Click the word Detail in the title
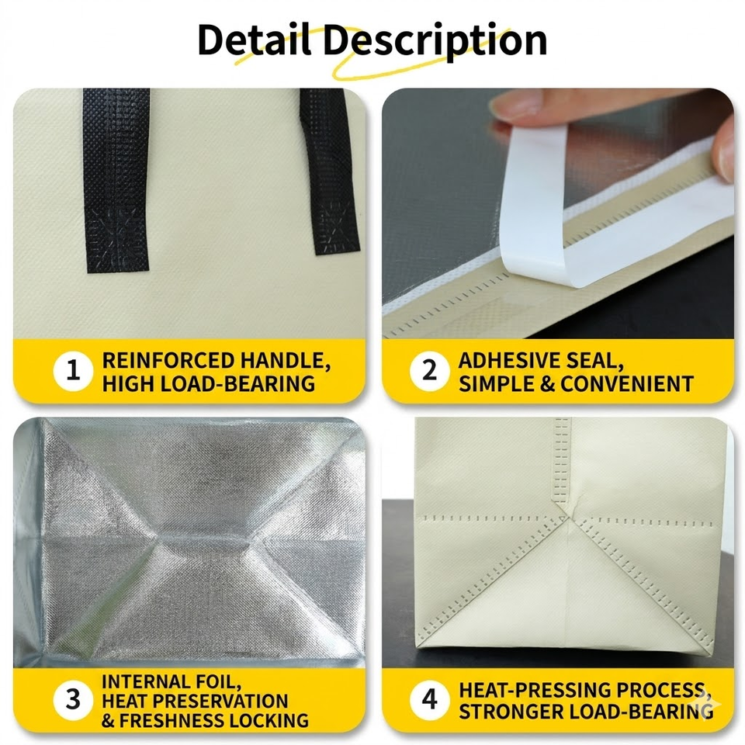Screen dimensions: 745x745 (254, 40)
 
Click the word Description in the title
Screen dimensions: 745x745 (435, 42)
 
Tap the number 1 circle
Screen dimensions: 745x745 (73, 371)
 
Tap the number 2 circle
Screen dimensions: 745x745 (429, 371)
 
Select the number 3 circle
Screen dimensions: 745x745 (73, 700)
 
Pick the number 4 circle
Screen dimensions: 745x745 (429, 700)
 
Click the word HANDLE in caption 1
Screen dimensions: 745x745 (285, 361)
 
